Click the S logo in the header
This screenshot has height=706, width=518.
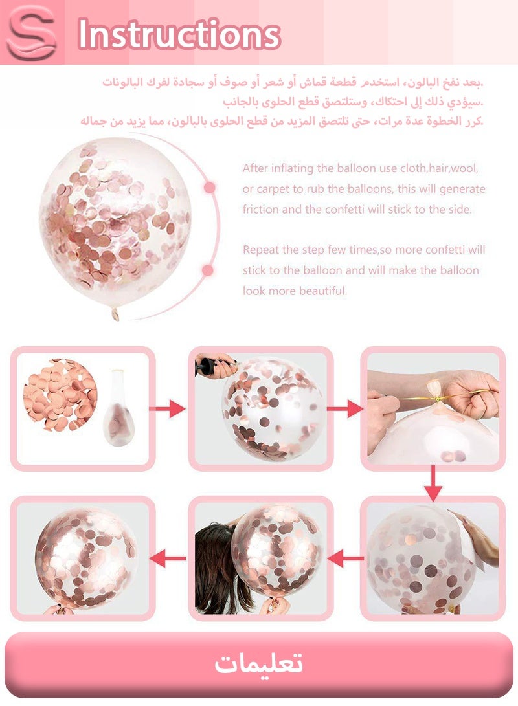tap(32, 32)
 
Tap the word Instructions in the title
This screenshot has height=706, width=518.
tap(179, 34)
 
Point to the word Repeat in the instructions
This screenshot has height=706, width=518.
tap(258, 250)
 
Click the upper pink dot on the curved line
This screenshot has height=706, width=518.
tap(209, 187)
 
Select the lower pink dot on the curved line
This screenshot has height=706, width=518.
tap(208, 270)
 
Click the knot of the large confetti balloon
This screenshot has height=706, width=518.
tap(115, 313)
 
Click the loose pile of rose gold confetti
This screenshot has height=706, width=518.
tap(60, 395)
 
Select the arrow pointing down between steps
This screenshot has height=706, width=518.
tap(433, 483)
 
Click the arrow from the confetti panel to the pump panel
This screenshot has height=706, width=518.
tap(167, 409)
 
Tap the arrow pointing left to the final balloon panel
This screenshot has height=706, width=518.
tap(168, 558)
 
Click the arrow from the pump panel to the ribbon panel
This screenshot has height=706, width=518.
tap(345, 409)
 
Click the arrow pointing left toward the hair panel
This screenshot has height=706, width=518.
tap(346, 558)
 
